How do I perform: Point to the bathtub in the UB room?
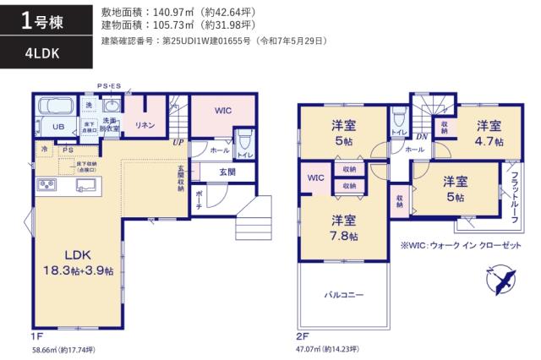57,107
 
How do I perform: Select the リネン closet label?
145,125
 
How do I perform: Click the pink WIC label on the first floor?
222,111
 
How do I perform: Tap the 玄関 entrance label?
227,172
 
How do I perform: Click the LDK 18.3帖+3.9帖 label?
70,261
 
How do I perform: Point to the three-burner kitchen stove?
46,185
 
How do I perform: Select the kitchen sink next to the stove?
85,185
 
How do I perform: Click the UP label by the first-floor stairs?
178,143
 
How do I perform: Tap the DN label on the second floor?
421,135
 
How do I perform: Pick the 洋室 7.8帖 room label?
343,227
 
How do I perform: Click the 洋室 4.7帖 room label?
488,134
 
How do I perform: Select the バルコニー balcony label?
344,297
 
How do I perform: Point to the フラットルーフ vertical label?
514,195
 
